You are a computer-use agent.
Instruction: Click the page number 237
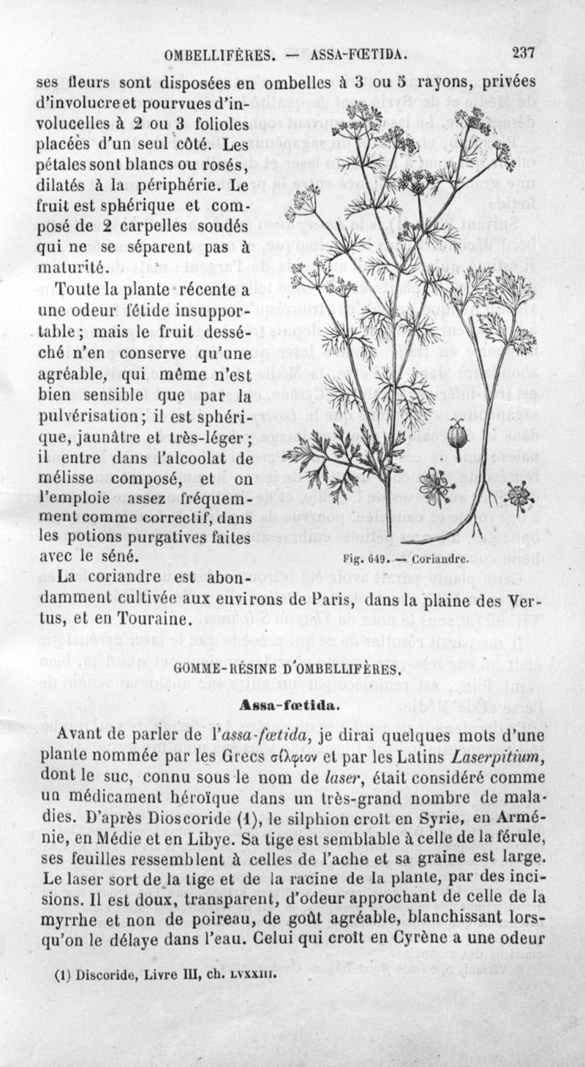coord(524,53)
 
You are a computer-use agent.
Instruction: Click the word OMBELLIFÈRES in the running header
coord(219,54)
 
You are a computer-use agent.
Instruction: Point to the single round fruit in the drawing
coord(458,434)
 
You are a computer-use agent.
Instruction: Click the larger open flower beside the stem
coord(437,485)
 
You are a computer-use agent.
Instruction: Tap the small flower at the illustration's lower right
coord(518,495)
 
